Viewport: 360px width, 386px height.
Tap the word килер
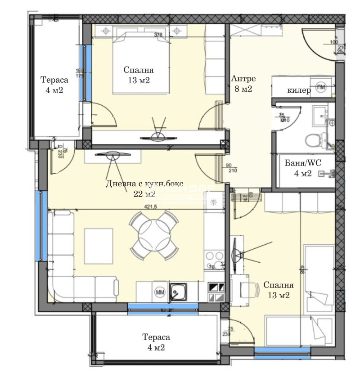[299, 90]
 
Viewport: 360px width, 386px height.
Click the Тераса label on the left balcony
[54, 85]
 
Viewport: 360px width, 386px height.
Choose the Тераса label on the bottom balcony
[156, 342]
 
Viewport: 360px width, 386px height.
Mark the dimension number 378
[158, 34]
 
